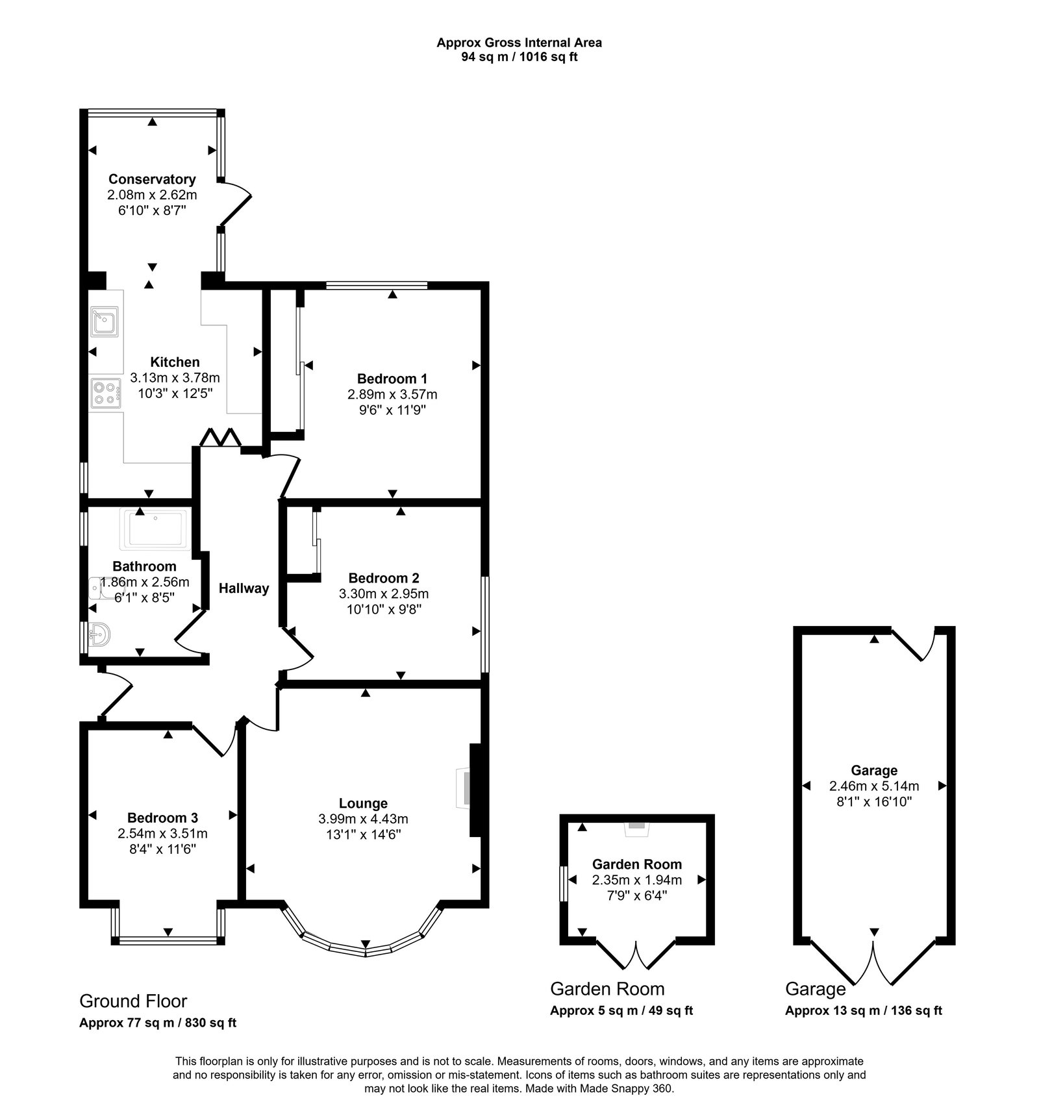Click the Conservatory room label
[152, 179]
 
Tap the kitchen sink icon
[104, 322]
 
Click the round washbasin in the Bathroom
[99, 633]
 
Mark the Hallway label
[244, 589]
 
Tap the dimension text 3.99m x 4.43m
[363, 819]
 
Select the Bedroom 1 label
[392, 379]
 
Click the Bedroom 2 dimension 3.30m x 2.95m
[384, 594]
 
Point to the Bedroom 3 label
[162, 818]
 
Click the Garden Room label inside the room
[637, 864]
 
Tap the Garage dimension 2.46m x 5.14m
[874, 786]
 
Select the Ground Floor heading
[133, 1001]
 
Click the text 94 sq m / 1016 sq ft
[519, 57]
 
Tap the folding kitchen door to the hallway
[221, 437]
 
